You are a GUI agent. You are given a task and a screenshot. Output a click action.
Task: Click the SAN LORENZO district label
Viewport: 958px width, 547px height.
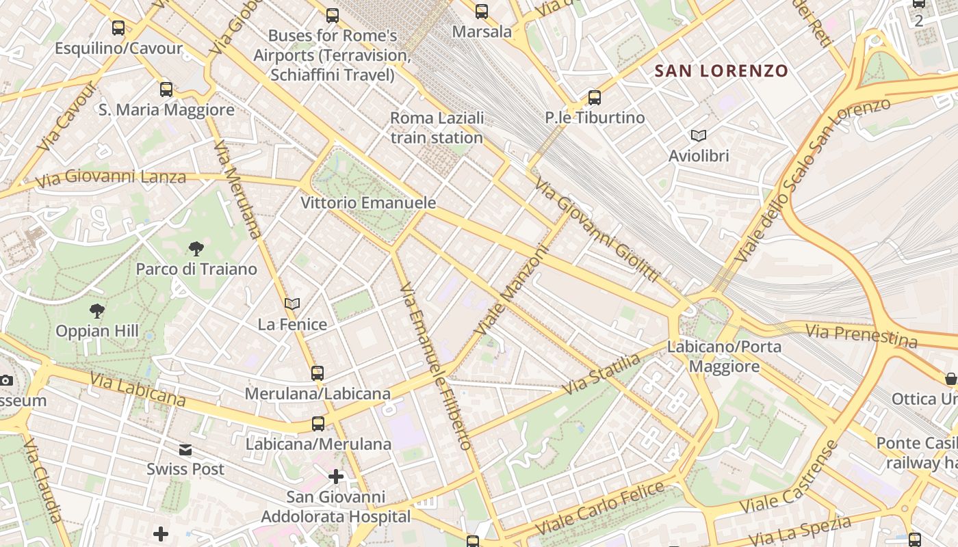pos(721,70)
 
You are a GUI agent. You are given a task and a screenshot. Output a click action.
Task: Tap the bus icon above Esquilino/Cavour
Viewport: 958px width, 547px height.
pos(118,28)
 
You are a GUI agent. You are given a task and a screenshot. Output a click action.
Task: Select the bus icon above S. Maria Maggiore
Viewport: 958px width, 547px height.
pos(166,89)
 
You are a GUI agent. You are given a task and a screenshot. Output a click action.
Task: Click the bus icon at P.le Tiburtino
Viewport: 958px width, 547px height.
pos(595,97)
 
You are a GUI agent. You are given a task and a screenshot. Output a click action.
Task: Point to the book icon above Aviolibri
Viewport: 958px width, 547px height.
pos(699,135)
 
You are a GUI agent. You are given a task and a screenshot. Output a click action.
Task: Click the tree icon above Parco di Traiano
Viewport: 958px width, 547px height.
pos(196,248)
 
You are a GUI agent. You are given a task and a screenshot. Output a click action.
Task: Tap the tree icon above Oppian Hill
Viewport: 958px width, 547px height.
pos(97,311)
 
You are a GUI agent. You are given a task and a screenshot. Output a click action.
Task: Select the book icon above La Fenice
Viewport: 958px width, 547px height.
pos(292,304)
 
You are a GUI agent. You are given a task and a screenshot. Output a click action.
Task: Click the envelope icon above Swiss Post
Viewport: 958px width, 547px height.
pos(185,449)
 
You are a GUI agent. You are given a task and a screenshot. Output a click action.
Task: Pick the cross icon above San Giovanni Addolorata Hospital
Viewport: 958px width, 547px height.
pos(336,476)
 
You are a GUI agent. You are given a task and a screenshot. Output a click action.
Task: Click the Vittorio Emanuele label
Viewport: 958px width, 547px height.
pos(368,203)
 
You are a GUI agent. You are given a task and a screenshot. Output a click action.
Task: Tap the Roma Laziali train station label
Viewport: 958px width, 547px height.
pos(437,128)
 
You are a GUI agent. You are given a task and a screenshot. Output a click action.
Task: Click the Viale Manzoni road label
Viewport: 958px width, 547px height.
pos(513,290)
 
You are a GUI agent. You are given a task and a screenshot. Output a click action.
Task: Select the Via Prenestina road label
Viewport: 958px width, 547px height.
pos(861,336)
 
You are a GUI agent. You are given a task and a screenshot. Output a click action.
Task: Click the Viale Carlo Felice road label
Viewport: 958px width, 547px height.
pos(600,509)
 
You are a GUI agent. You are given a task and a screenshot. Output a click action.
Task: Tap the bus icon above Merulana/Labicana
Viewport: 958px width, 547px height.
pos(318,373)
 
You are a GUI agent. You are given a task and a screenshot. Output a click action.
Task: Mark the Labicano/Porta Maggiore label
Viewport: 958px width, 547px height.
pos(724,356)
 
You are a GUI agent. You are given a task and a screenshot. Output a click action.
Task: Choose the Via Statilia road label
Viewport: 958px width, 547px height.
pos(601,374)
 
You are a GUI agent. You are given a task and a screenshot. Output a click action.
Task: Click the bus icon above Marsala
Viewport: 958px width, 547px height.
pos(482,11)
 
